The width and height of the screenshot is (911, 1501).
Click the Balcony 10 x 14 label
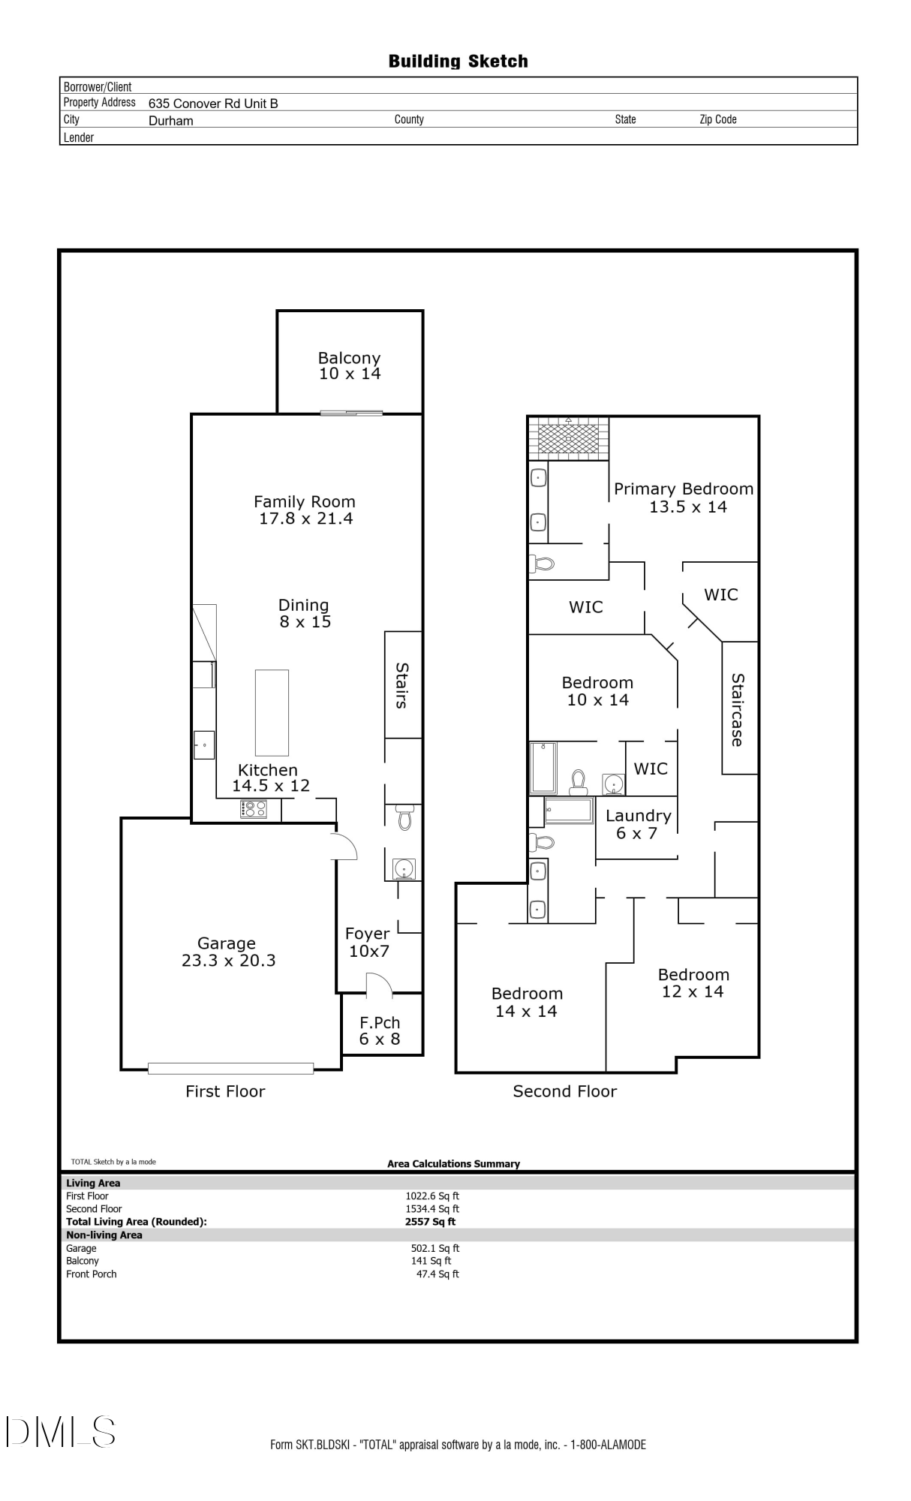click(349, 365)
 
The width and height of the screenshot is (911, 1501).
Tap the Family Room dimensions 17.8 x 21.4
click(305, 519)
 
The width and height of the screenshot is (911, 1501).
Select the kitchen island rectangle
click(272, 712)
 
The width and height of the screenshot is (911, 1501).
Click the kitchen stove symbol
click(254, 809)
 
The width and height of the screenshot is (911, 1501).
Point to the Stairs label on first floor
click(402, 685)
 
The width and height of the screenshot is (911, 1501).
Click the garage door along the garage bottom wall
click(230, 1068)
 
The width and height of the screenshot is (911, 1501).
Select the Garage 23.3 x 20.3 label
click(227, 952)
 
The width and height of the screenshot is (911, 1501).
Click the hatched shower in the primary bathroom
click(568, 438)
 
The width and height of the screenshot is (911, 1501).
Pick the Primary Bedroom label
click(684, 489)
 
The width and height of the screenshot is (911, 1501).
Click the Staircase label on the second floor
click(738, 709)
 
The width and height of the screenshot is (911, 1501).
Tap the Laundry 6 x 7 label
click(638, 824)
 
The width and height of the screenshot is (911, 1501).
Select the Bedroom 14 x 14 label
click(527, 1002)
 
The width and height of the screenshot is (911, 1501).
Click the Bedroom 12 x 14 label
click(693, 982)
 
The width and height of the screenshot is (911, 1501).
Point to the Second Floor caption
click(564, 1091)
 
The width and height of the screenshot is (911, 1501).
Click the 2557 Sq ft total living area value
click(430, 1222)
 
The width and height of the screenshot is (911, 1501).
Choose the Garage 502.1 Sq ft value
click(435, 1248)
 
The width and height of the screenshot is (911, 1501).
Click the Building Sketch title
click(458, 62)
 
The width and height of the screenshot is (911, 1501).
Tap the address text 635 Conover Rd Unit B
click(213, 104)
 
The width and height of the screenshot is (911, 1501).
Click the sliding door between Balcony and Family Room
click(352, 412)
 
